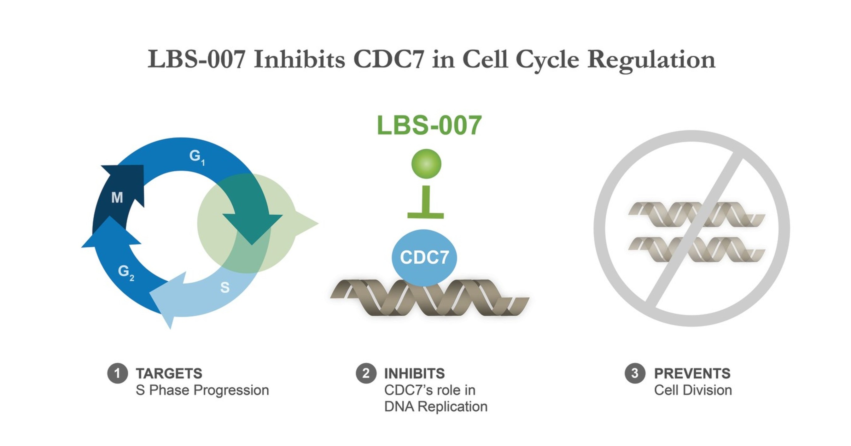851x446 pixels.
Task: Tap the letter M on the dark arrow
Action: (117, 197)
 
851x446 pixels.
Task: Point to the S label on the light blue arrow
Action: (224, 287)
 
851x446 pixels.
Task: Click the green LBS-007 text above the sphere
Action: (429, 125)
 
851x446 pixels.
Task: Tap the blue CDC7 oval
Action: (424, 257)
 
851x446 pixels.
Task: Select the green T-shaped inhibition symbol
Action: (426, 205)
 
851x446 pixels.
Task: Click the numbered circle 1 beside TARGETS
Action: (117, 373)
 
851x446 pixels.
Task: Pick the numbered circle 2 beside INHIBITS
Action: (366, 373)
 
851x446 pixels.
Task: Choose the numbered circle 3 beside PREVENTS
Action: (635, 373)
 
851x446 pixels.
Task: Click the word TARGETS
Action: (169, 374)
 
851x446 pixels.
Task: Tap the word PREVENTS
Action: (692, 374)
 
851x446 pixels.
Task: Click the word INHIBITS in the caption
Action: (414, 374)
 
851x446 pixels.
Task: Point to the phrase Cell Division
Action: (693, 390)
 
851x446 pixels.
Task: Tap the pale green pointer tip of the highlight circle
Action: (311, 223)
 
